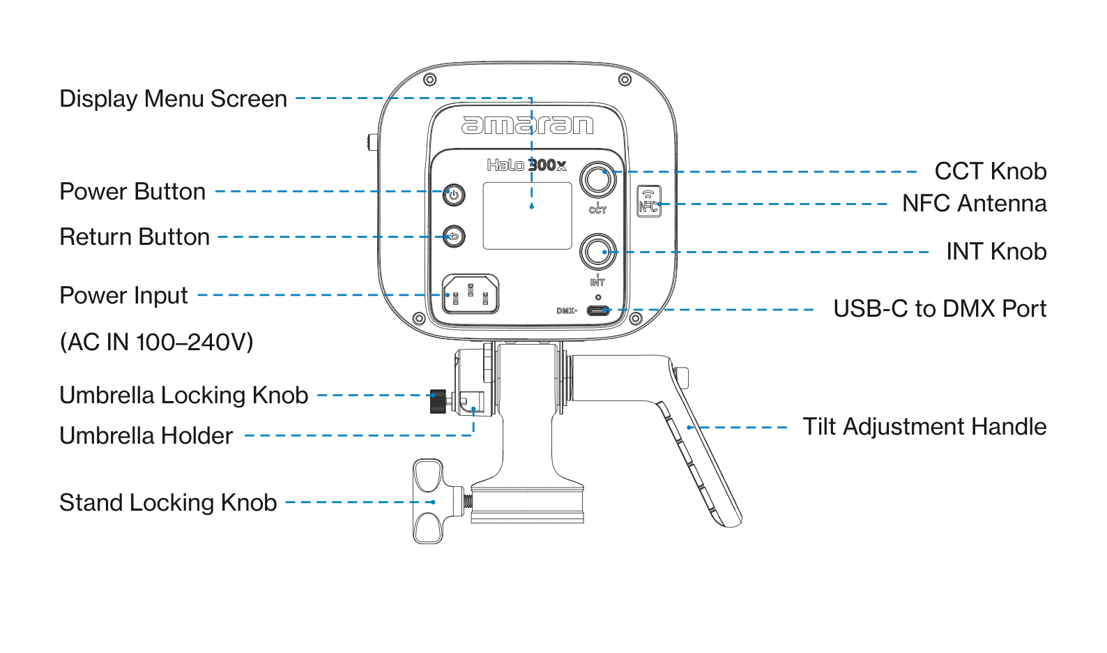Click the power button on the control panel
point(454,195)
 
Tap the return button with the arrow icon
point(454,237)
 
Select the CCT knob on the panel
point(597,179)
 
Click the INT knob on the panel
point(597,252)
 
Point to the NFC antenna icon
point(649,201)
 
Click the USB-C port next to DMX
point(598,310)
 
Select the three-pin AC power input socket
point(471,294)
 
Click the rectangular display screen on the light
point(527,216)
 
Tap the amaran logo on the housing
point(527,125)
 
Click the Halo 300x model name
point(527,165)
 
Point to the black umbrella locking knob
point(438,401)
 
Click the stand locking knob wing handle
point(428,501)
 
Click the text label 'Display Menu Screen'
point(173,98)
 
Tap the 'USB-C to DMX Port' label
point(940,308)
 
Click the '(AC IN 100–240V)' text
point(157,342)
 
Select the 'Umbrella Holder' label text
point(146,436)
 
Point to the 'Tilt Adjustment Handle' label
point(924,427)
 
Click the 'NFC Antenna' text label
point(975,203)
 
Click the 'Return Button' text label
point(135,237)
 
